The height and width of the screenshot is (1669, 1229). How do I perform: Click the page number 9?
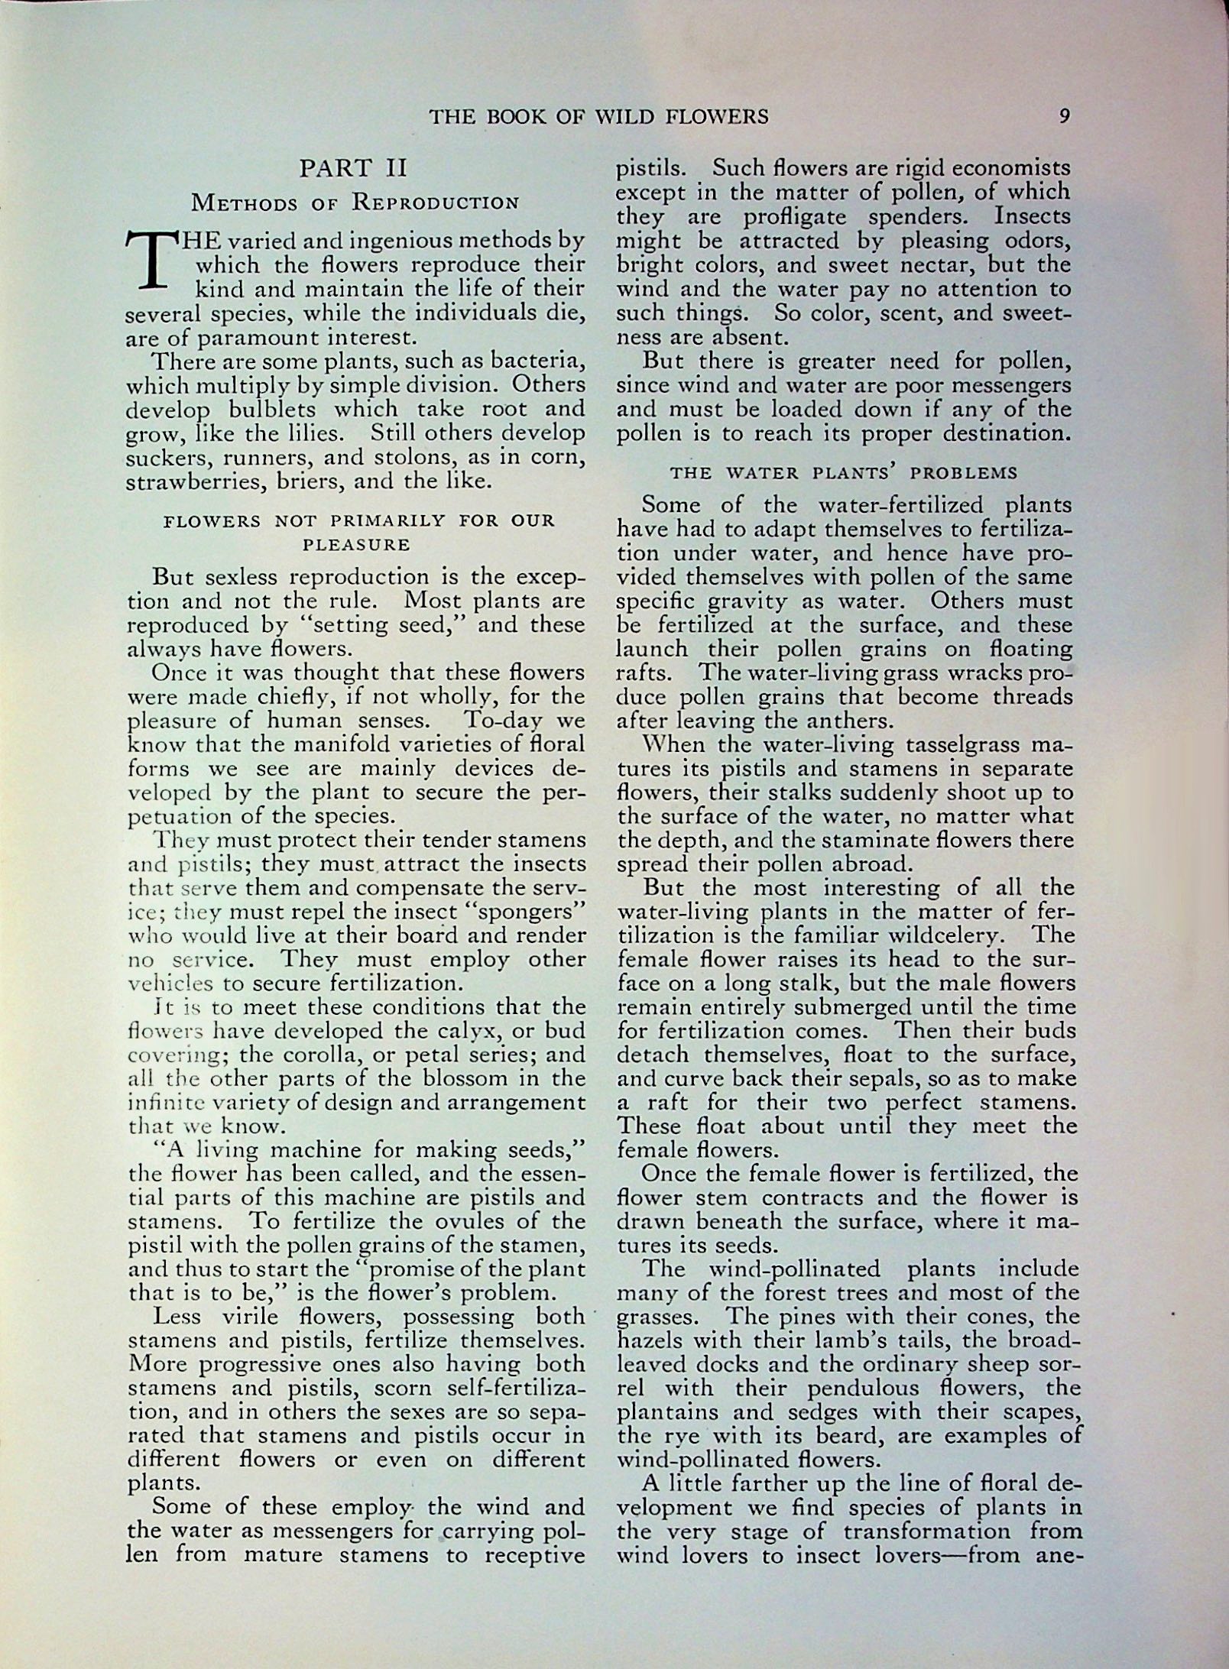(x=1063, y=117)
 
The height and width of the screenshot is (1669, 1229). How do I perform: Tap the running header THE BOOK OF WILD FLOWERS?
(x=598, y=117)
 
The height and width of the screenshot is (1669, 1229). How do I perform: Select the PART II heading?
(x=355, y=169)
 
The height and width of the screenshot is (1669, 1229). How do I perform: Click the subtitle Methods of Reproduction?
(x=355, y=203)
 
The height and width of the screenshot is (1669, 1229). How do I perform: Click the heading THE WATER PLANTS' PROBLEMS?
(x=844, y=473)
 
